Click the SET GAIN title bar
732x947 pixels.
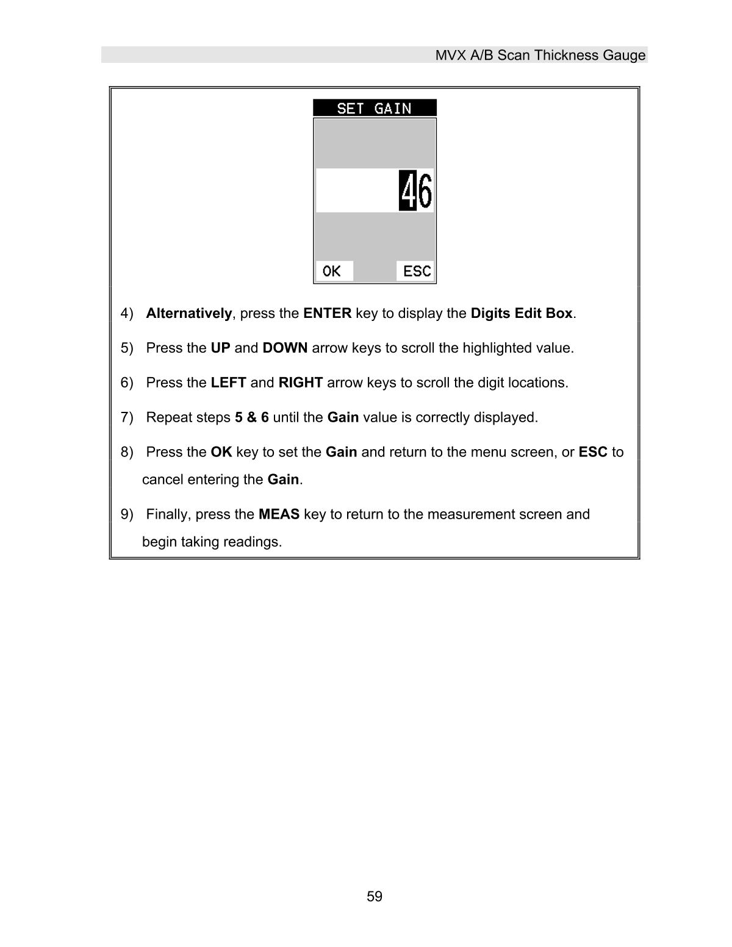(x=375, y=108)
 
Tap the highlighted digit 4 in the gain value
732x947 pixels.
(x=407, y=191)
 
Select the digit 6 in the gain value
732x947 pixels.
(x=425, y=191)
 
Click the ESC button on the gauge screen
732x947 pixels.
(x=417, y=271)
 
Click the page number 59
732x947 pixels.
(x=375, y=896)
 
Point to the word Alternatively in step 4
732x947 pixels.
(x=189, y=314)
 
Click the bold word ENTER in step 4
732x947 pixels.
(x=327, y=314)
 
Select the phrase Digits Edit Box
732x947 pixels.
(x=522, y=314)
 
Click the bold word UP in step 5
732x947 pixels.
(x=220, y=348)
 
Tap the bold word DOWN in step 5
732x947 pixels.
(x=285, y=348)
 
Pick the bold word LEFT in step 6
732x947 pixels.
(x=228, y=383)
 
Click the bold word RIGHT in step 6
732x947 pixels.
(x=300, y=383)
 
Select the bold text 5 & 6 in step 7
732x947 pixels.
(x=251, y=418)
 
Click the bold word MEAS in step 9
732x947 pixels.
(x=279, y=514)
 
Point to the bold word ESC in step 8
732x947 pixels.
(x=592, y=452)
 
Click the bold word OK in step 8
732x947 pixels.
(x=221, y=452)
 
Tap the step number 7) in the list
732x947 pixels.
(x=127, y=418)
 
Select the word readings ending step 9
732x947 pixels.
(x=252, y=542)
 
